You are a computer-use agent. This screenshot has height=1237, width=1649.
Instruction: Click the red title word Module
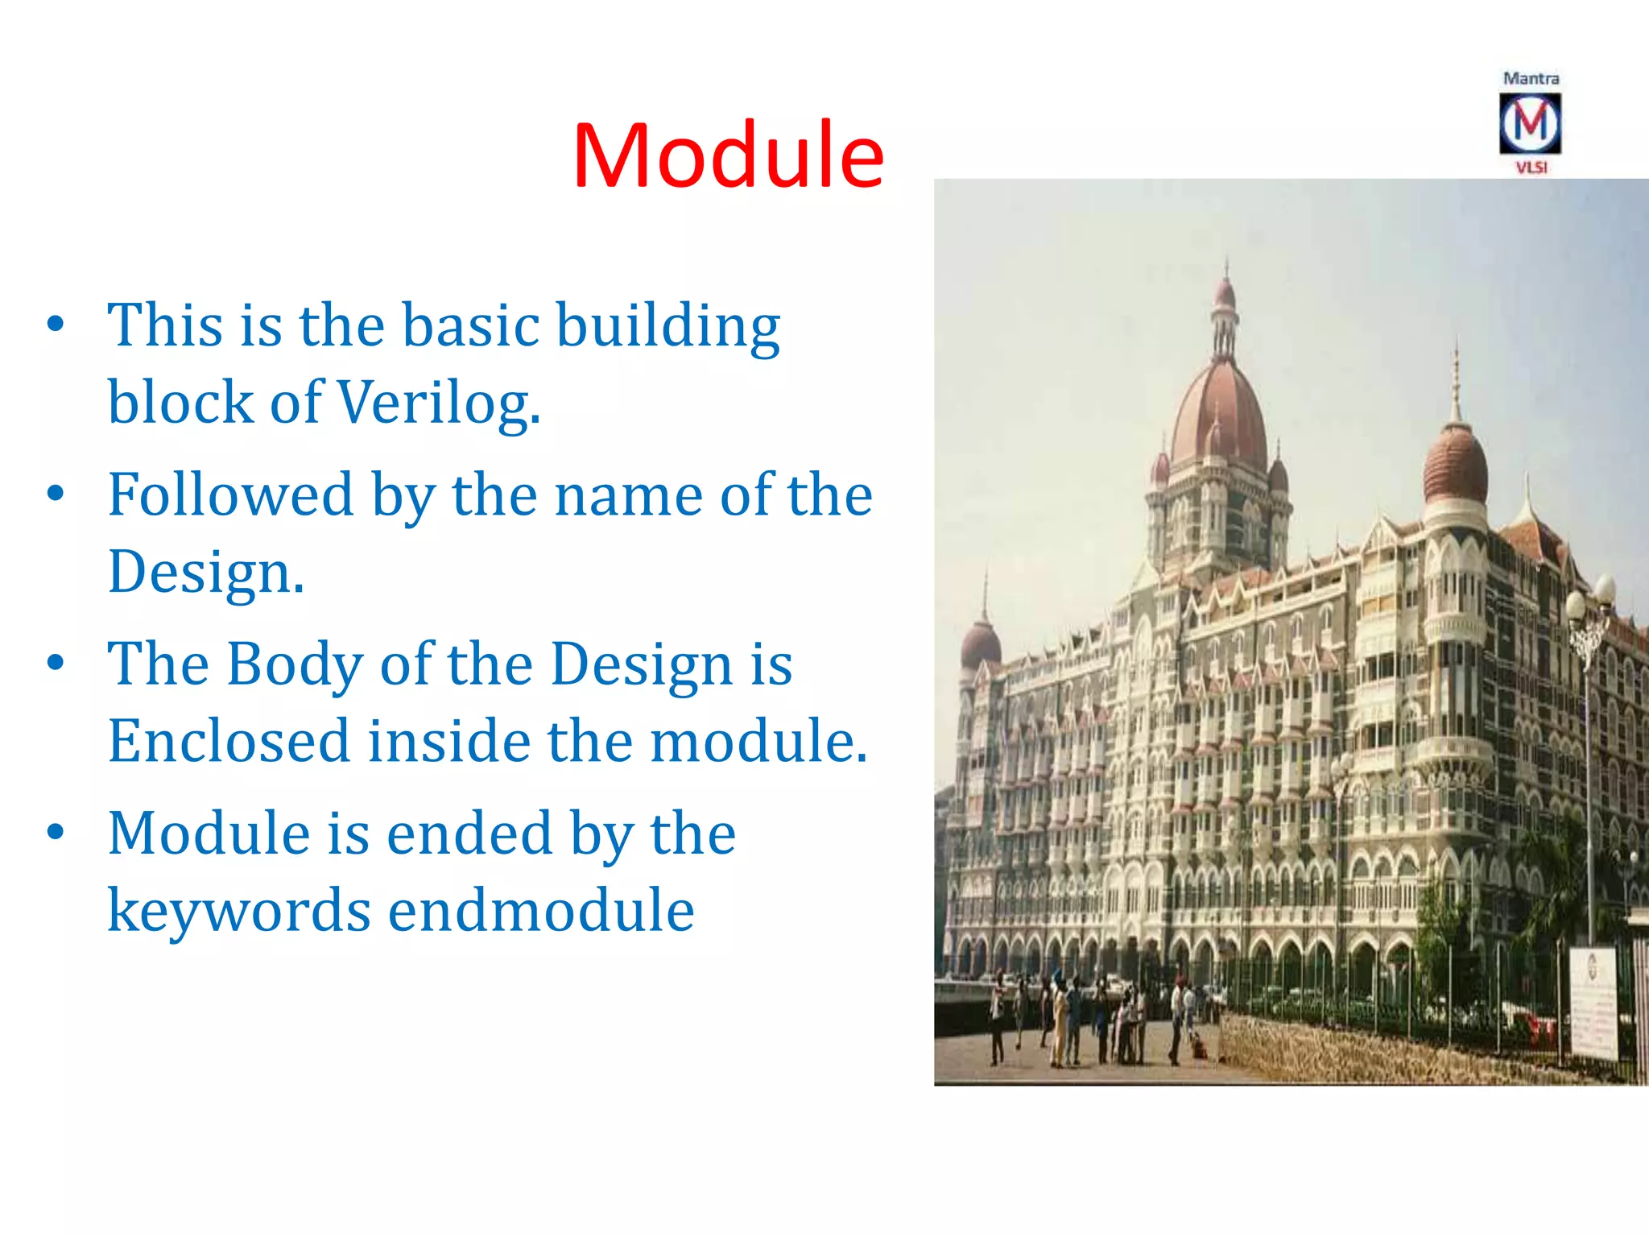pos(728,155)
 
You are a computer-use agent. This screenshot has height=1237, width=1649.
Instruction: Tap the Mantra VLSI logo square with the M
pos(1530,123)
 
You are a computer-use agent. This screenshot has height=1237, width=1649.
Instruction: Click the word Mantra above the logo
pos(1531,78)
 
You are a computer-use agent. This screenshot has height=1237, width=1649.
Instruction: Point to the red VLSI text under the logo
pos(1531,168)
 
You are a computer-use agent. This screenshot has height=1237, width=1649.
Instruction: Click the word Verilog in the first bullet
pos(437,403)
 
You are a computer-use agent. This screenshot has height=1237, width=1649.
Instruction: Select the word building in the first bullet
pos(668,326)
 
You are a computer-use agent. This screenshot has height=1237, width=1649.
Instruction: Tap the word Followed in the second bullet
pos(231,494)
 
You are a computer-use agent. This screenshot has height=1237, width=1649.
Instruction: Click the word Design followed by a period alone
pos(206,573)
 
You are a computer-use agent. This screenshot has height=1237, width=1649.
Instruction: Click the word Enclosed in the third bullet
pos(229,741)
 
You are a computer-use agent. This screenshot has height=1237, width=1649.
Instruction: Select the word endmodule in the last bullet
pos(541,911)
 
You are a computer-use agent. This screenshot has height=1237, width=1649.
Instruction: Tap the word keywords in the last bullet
pos(239,911)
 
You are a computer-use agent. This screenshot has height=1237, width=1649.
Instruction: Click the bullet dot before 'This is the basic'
pos(56,325)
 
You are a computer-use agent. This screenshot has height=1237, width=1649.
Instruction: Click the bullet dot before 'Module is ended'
pos(56,832)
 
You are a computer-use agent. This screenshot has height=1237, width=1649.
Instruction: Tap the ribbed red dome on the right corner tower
pos(1455,465)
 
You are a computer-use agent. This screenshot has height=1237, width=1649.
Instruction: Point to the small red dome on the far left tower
pos(981,644)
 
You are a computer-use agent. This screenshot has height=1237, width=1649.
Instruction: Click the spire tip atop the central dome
pos(1226,266)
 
